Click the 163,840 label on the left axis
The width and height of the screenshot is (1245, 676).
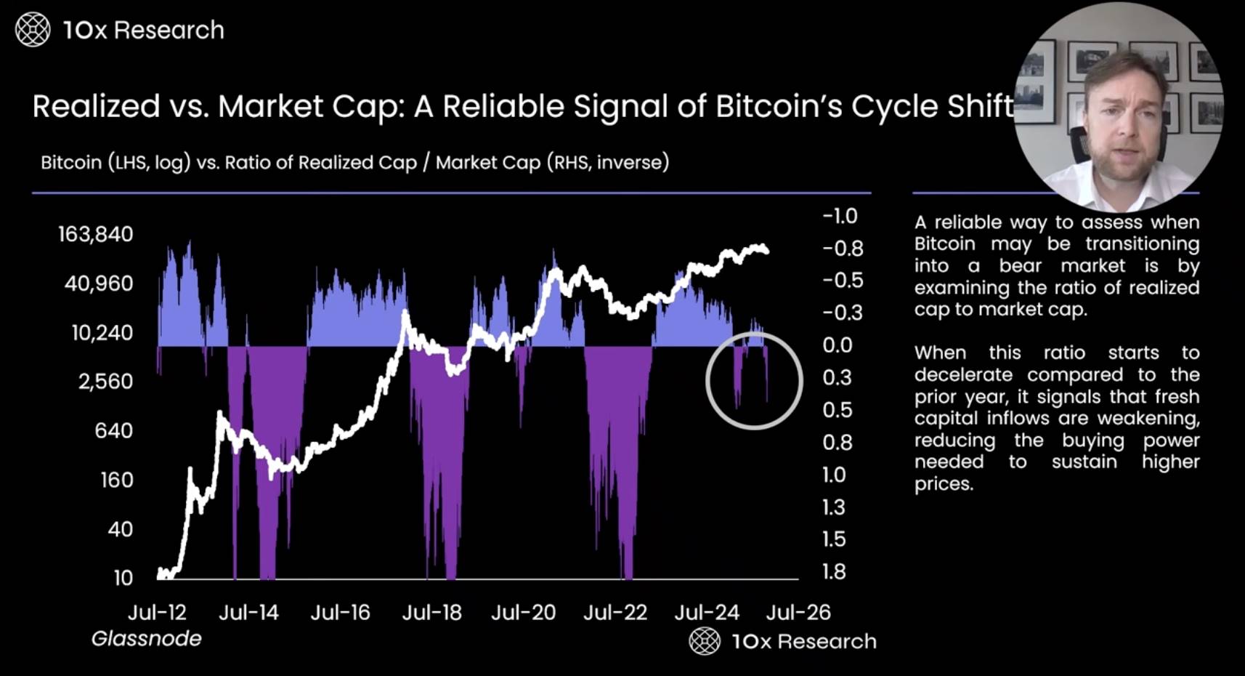[96, 234]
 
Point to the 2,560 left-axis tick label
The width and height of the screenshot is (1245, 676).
[106, 382]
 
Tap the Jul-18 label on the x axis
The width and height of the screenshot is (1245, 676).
[431, 613]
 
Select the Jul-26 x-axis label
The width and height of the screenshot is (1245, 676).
[798, 613]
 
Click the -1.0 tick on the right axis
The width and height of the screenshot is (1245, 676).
[840, 216]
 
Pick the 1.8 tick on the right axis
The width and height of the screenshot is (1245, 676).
[834, 572]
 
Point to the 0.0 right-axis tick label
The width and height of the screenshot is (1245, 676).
[837, 345]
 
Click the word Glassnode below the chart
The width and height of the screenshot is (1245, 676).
[146, 639]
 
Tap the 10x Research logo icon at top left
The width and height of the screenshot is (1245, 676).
[33, 30]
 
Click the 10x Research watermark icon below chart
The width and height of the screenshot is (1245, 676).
[704, 641]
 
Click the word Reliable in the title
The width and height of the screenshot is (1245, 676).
[503, 107]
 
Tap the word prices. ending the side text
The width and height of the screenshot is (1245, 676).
[943, 484]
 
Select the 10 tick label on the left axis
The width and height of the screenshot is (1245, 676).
[123, 579]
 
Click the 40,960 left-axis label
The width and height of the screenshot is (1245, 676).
[99, 283]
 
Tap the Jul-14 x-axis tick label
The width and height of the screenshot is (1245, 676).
[248, 613]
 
